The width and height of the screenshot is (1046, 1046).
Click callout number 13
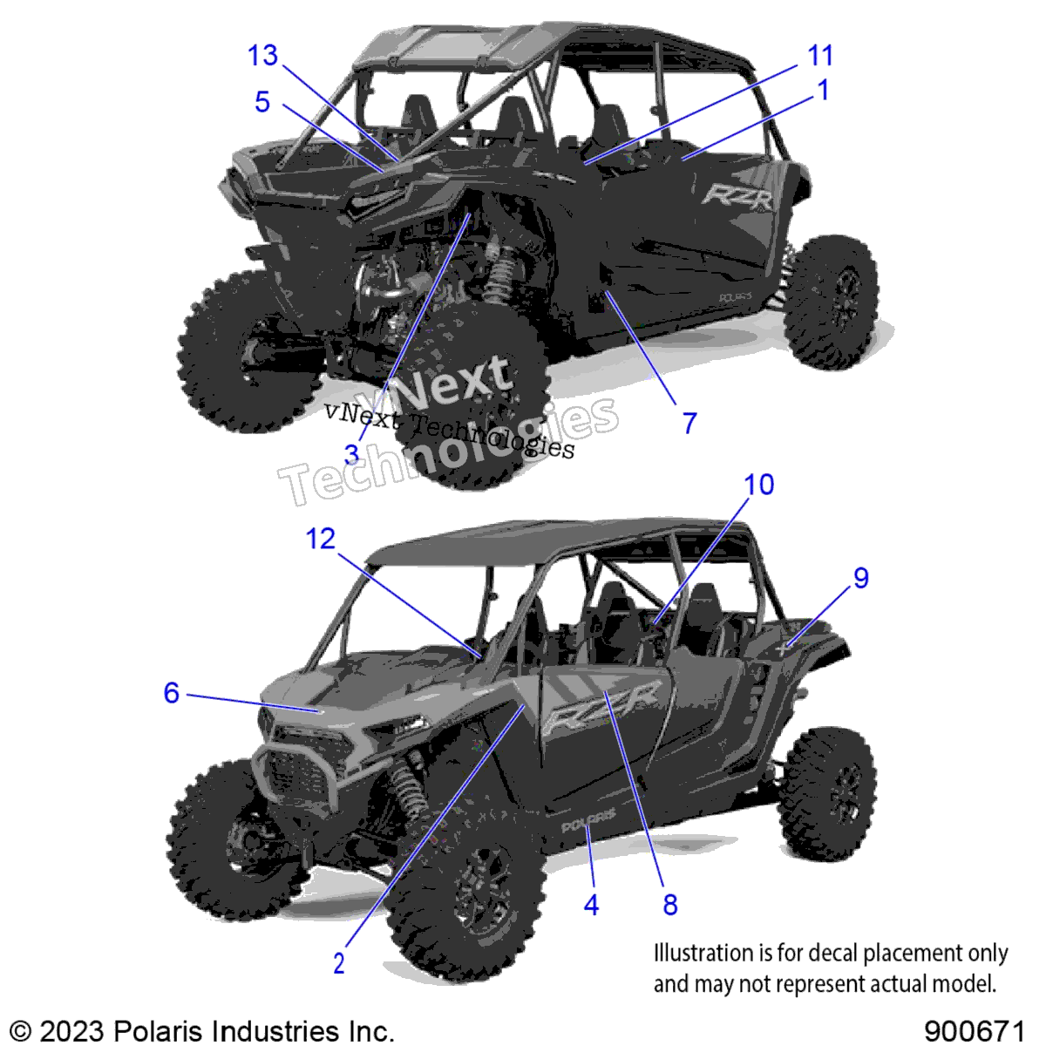point(263,56)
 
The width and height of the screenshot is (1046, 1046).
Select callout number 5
point(262,102)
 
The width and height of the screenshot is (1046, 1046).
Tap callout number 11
point(820,56)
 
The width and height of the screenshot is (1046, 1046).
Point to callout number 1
point(824,90)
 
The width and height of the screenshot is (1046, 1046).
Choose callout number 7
point(689,423)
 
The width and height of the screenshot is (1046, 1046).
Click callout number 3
point(352,454)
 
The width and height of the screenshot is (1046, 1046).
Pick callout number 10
point(759,484)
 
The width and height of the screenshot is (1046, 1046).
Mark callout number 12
point(321,539)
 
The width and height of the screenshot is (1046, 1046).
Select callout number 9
point(861,578)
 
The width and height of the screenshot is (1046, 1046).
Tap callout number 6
point(172,693)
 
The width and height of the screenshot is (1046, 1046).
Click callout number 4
point(591,905)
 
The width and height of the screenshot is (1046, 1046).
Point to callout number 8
point(670,905)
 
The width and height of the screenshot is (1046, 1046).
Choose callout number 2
point(339,963)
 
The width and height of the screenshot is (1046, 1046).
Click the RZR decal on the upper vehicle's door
point(737,196)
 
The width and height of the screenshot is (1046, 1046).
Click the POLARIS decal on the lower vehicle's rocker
point(588,825)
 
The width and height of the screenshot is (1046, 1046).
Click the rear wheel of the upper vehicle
point(831,302)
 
